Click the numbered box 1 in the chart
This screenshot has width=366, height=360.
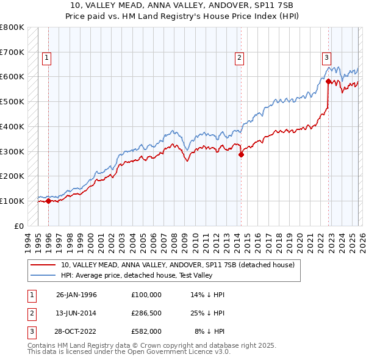(x=47, y=58)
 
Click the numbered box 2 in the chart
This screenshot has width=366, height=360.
(x=240, y=58)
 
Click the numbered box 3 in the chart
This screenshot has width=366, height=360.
(x=327, y=58)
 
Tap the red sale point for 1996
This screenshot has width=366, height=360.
(x=48, y=201)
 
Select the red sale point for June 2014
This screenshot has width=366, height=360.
(x=241, y=154)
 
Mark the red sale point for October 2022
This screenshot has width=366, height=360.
(x=328, y=81)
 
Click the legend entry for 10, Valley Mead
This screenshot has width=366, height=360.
(x=178, y=265)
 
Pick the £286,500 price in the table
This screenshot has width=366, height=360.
(x=146, y=313)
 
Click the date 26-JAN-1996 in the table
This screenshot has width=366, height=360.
(x=76, y=295)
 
